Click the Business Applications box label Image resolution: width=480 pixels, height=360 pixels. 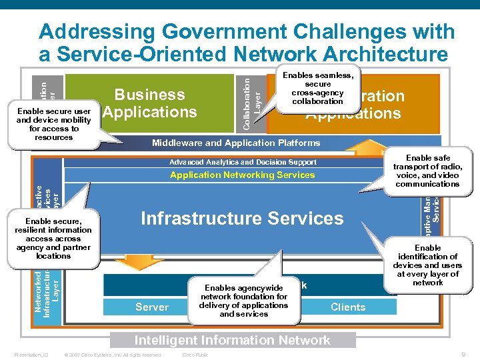tap(149, 103)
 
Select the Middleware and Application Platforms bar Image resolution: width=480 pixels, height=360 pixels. tap(235, 143)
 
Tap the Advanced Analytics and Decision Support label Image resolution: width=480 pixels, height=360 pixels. tap(243, 162)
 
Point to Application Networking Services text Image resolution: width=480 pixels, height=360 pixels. tap(242, 175)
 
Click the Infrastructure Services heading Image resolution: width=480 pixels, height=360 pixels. tap(242, 219)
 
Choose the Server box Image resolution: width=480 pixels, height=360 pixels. tap(152, 307)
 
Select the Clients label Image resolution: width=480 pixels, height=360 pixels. tap(348, 307)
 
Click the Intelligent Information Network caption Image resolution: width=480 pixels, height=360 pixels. tap(233, 340)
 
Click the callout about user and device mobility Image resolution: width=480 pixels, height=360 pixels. tap(53, 124)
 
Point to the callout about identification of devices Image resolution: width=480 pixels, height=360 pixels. tap(427, 265)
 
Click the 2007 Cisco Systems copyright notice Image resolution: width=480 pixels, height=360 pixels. tap(112, 355)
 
